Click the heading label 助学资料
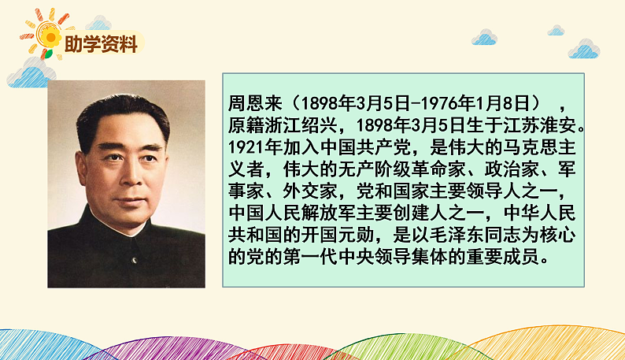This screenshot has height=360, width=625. (102, 46)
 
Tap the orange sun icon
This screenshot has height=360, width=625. (50, 35)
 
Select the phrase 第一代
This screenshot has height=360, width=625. (310, 258)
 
